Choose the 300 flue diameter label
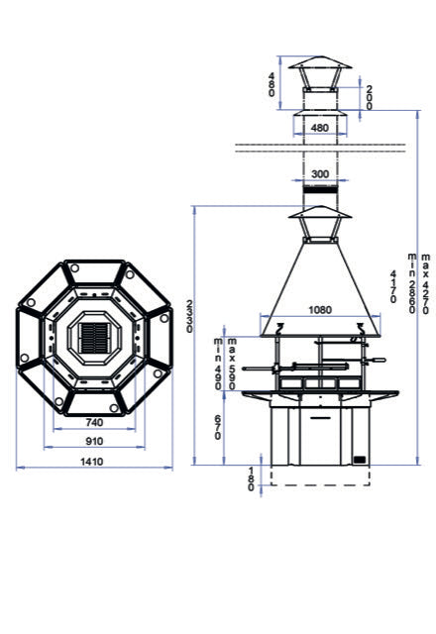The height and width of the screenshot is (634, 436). pyautogui.click(x=318, y=174)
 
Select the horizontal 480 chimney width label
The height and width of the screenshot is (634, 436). pyautogui.click(x=318, y=128)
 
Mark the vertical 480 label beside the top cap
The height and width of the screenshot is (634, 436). pyautogui.click(x=272, y=84)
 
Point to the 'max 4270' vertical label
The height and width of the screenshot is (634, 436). pyautogui.click(x=424, y=287)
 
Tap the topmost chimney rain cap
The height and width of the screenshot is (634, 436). pyautogui.click(x=318, y=70)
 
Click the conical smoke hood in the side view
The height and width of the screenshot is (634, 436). pyautogui.click(x=318, y=287)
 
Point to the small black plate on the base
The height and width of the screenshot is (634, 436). pyautogui.click(x=359, y=459)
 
